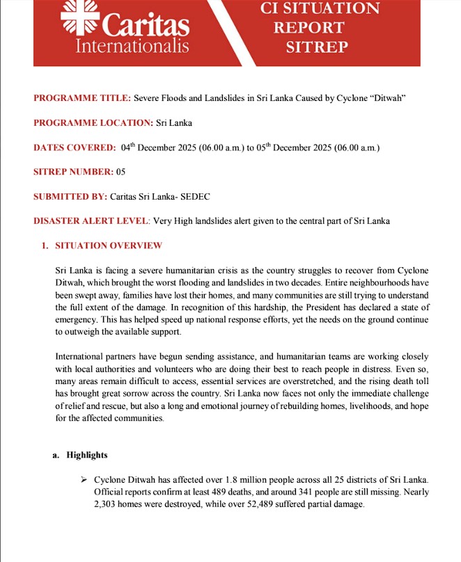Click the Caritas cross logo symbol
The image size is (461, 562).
(x=81, y=14)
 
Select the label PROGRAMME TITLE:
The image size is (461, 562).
(x=81, y=98)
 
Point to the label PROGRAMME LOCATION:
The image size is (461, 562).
(x=93, y=123)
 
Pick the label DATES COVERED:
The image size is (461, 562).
(x=75, y=148)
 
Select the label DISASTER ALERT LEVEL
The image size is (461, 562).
(x=91, y=221)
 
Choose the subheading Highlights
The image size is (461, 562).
(x=87, y=455)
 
